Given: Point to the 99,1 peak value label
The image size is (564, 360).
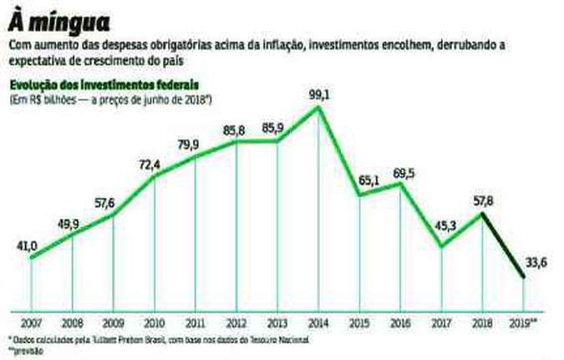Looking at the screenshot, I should click(318, 95).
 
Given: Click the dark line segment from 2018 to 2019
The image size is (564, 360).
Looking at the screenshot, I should click(504, 247).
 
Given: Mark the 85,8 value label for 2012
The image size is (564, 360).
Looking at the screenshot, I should click(236, 129).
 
